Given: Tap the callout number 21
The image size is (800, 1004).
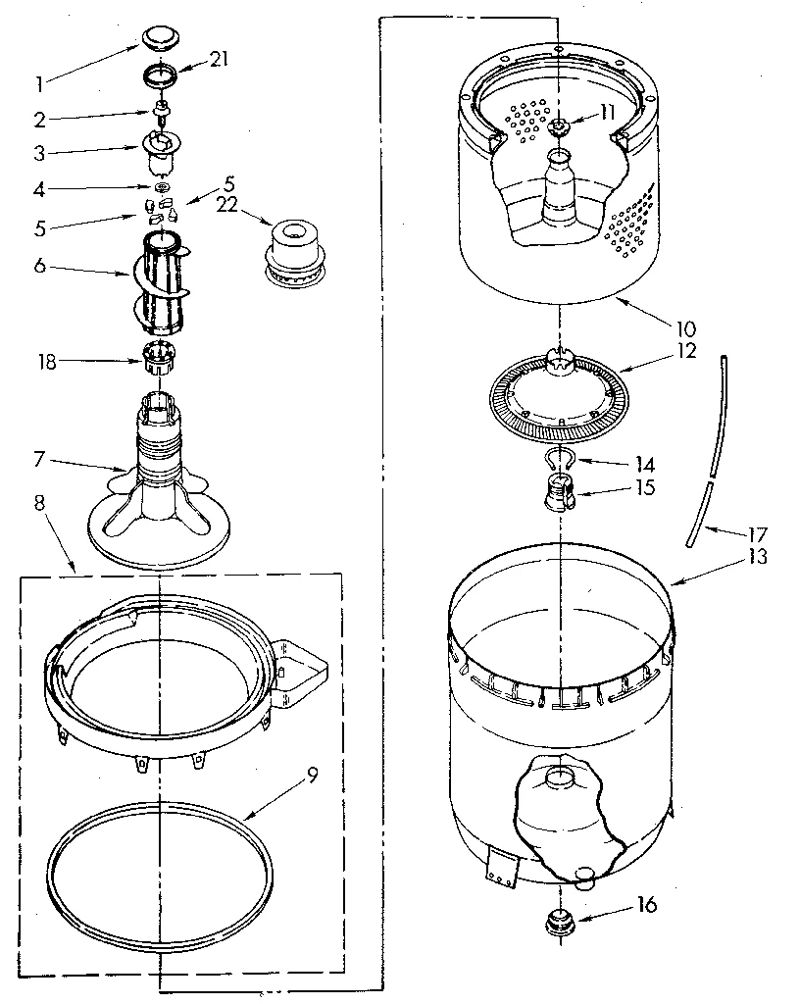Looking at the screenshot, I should pyautogui.click(x=219, y=59).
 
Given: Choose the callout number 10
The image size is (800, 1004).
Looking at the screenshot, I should pyautogui.click(x=683, y=326).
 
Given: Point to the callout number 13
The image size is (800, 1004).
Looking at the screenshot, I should pyautogui.click(x=757, y=557).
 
